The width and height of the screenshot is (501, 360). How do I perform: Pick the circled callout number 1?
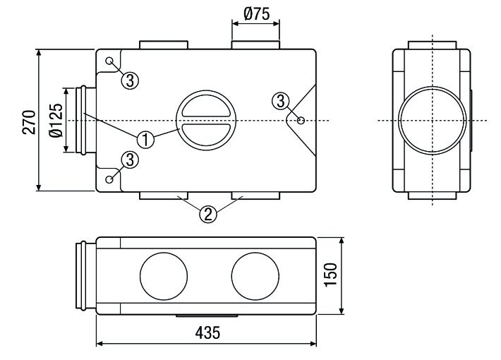pos(145,139)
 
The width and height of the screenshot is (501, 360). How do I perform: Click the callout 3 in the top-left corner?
pos(129,79)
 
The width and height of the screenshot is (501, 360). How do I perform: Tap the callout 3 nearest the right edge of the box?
pos(282,101)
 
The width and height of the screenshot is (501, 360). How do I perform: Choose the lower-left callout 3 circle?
pos(129,160)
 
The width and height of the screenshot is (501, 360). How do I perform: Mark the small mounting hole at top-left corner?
pos(110,61)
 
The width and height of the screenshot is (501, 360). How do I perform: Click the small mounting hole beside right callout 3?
pos(301,121)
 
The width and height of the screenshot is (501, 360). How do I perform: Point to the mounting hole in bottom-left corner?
pos(110,179)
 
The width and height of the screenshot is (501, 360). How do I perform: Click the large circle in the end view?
pos(432,119)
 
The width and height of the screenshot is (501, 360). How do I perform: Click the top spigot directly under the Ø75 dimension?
pos(255,46)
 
